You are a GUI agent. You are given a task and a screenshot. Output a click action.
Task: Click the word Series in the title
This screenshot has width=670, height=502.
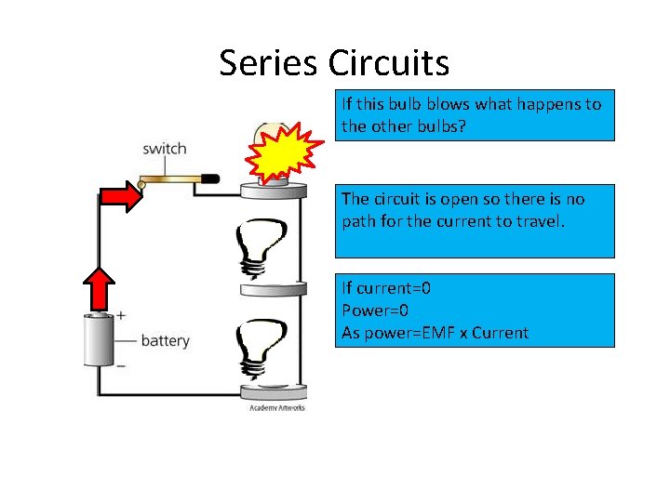click(x=269, y=63)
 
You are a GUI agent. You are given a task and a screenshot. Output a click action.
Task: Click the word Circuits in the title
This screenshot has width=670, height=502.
click(x=388, y=63)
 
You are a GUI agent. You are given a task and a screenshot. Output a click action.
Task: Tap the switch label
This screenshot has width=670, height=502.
click(x=164, y=149)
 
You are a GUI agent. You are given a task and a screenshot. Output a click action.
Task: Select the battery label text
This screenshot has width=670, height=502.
click(x=165, y=340)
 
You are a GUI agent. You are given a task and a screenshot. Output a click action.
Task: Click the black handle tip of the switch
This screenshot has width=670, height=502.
click(x=209, y=178)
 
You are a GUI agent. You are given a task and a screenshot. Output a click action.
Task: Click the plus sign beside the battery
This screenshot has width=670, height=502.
click(x=121, y=316)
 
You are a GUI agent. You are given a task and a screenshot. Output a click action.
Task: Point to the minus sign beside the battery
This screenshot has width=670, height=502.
click(x=121, y=365)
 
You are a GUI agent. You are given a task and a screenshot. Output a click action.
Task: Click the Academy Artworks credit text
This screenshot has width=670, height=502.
click(x=276, y=407)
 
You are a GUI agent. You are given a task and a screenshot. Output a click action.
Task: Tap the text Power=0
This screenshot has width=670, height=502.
click(x=374, y=310)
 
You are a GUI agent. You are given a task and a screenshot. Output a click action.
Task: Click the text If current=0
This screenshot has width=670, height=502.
click(x=385, y=288)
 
